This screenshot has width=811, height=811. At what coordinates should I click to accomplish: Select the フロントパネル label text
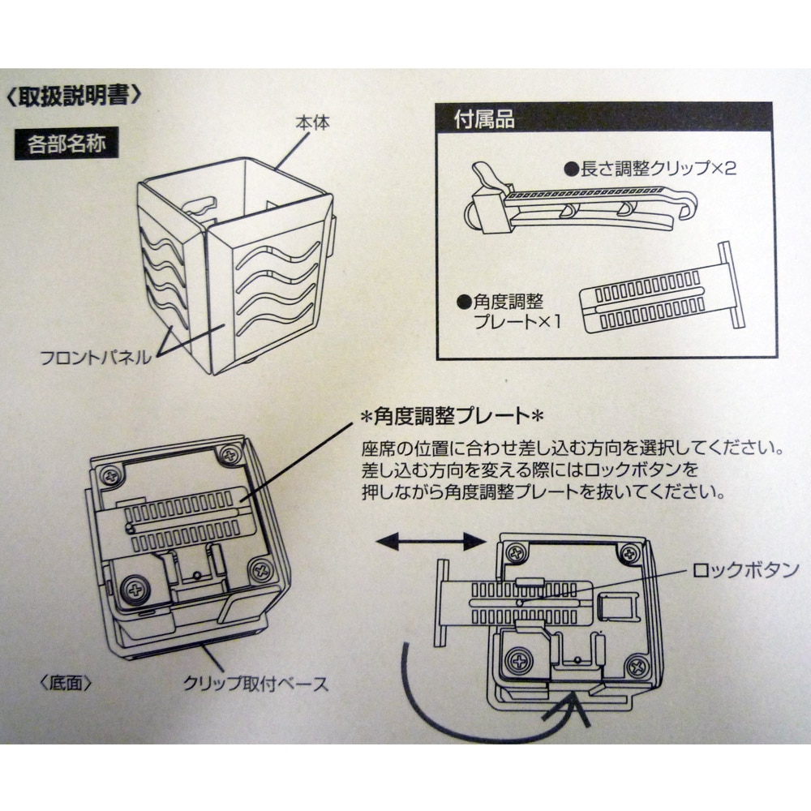[x=96, y=357]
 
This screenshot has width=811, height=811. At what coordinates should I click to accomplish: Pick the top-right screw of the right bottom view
[x=629, y=554]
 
